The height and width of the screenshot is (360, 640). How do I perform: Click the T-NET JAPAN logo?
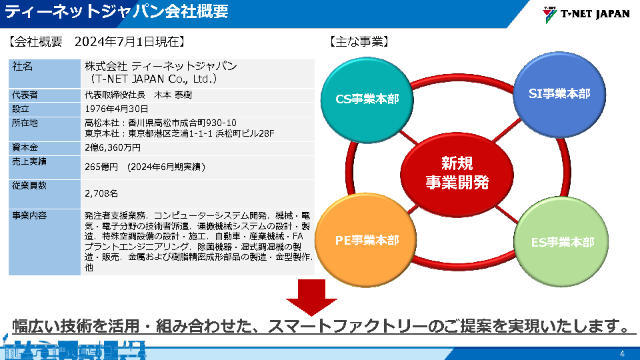(x=586, y=13)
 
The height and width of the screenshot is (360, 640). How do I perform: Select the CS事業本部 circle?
(x=367, y=99)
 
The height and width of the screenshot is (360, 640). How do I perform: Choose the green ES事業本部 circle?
(x=562, y=242)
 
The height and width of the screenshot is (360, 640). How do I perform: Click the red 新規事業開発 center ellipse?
(x=457, y=172)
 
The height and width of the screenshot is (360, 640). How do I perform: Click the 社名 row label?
(x=23, y=67)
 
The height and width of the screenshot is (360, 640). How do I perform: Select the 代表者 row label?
(x=25, y=95)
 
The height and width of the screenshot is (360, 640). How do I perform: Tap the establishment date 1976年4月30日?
(x=117, y=109)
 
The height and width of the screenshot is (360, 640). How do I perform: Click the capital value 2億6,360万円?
(x=113, y=147)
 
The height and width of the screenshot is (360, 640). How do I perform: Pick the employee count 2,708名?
(x=101, y=193)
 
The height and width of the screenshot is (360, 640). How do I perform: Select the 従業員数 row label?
(x=29, y=186)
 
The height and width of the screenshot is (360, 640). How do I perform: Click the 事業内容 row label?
(x=29, y=216)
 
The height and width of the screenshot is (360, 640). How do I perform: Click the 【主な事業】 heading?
(x=359, y=41)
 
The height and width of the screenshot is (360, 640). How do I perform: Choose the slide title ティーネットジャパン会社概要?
(x=117, y=11)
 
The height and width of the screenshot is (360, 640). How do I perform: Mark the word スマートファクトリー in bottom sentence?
(x=346, y=327)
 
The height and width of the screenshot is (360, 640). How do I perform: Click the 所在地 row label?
(x=25, y=123)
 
